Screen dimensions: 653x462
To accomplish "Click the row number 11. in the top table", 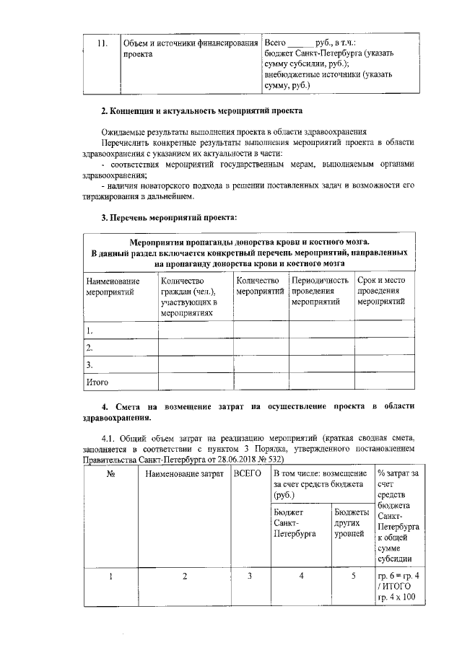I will click(x=102, y=42).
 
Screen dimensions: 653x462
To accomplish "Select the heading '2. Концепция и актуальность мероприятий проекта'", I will click(x=201, y=112).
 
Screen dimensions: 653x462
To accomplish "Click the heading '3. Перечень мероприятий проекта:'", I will click(x=168, y=217).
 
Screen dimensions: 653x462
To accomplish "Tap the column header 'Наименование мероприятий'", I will click(x=112, y=286).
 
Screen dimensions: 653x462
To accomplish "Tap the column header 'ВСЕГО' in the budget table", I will click(x=248, y=474).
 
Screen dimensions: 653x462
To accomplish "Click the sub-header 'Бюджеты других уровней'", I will click(x=351, y=522).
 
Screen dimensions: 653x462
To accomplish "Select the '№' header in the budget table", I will click(x=111, y=474).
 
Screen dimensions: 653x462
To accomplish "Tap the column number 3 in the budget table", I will click(x=249, y=576).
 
